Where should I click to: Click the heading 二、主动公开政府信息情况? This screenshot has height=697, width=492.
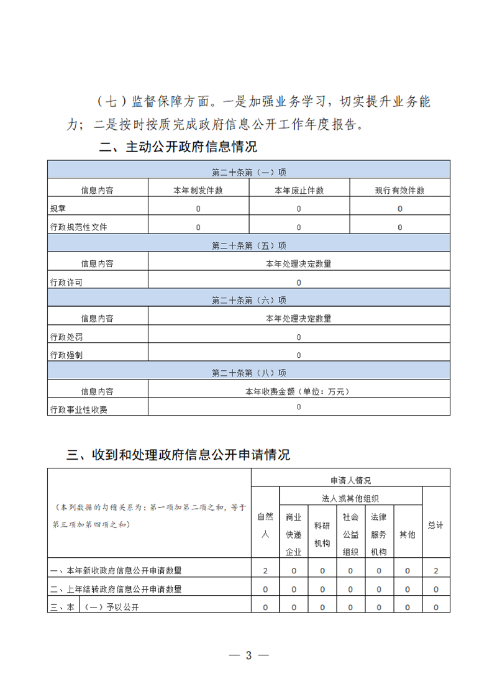point(178,147)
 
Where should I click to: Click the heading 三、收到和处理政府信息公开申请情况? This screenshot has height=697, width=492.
point(178,455)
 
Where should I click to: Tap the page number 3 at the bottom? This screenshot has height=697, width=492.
point(248,655)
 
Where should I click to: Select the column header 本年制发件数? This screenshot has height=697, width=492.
point(198,191)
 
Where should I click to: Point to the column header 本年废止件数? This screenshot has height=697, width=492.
point(299,191)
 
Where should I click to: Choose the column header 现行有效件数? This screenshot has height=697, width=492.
point(399,191)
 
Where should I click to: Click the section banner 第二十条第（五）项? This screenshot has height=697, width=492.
point(248,245)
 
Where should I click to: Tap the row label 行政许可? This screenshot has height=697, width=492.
point(66,283)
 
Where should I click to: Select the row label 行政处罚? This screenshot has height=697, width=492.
point(66,337)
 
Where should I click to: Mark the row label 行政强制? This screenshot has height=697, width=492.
point(66,355)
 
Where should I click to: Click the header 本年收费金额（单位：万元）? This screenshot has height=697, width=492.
point(298,392)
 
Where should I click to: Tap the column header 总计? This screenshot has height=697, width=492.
point(436,525)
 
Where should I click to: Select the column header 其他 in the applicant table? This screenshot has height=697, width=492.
point(407,534)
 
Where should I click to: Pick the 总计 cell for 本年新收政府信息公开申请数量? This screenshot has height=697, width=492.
point(436,570)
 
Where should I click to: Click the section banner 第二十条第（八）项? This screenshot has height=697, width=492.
point(248,373)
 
